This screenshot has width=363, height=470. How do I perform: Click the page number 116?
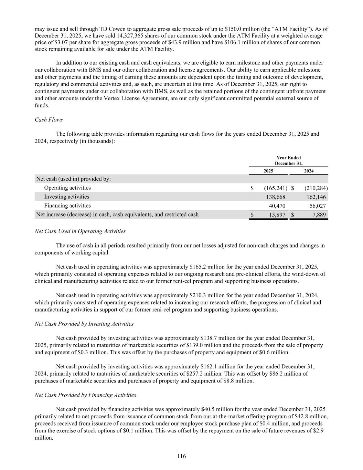click(x=181, y=456)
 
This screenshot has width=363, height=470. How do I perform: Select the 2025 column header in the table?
click(x=268, y=171)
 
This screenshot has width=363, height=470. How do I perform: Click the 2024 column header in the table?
click(x=309, y=171)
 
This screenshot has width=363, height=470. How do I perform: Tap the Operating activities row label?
click(x=67, y=188)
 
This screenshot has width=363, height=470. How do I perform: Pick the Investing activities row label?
click(x=66, y=197)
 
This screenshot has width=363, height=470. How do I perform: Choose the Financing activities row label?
click(x=67, y=206)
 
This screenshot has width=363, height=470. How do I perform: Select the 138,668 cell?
click(x=276, y=197)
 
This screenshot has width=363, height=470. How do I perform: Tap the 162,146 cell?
click(x=316, y=197)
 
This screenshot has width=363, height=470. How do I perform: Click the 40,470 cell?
click(x=277, y=206)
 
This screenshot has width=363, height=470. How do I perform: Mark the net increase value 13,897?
click(x=277, y=215)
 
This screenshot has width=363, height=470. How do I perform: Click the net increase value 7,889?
click(x=319, y=215)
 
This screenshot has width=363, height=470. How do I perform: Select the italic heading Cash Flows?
click(x=49, y=120)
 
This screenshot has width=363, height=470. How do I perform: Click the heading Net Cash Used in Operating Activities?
click(x=80, y=231)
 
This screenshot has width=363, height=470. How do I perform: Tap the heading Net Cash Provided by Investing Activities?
click(x=84, y=324)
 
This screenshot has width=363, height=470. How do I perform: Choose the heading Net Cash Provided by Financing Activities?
click(x=85, y=395)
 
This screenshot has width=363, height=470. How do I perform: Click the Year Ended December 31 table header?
click(x=288, y=160)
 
